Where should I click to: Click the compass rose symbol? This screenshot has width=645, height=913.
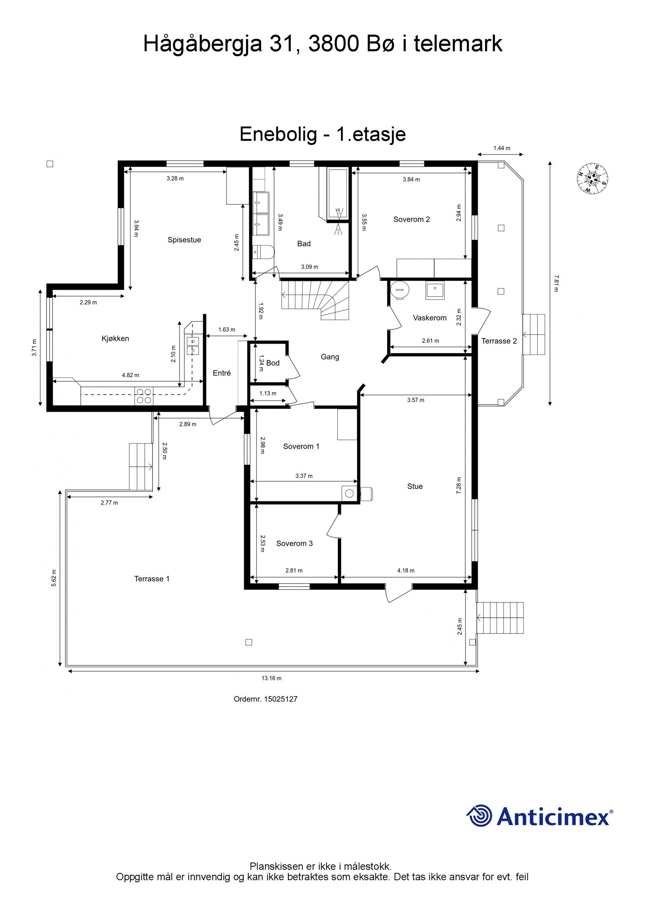click(x=592, y=179)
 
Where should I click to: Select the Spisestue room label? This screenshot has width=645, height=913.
click(x=184, y=240)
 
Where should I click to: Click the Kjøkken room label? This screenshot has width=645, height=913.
click(x=115, y=338)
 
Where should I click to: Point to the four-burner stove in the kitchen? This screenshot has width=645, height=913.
click(x=144, y=396)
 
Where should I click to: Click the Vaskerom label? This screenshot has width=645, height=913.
click(x=430, y=318)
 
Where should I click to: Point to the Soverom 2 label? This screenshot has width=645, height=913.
click(x=412, y=219)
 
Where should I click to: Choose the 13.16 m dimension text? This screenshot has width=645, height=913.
click(x=272, y=678)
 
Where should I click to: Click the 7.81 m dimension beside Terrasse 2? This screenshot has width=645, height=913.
click(x=556, y=283)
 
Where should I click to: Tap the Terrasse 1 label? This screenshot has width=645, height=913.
click(x=152, y=579)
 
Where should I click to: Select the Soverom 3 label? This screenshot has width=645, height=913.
click(x=294, y=543)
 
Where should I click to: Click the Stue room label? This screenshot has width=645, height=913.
click(x=415, y=486)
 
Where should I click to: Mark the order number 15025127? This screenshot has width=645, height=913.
click(x=281, y=699)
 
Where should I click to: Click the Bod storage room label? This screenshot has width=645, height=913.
click(x=273, y=363)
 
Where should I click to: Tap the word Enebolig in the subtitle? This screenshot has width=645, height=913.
click(x=278, y=134)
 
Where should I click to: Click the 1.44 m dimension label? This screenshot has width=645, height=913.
click(x=502, y=148)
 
